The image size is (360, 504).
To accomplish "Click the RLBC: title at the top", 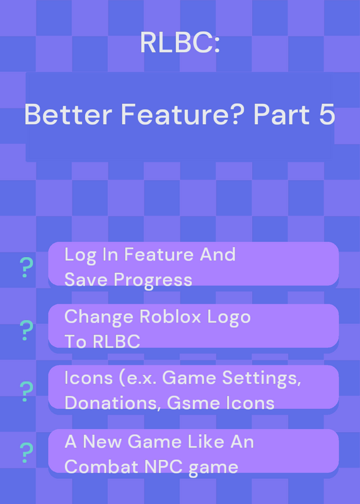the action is [x=180, y=43].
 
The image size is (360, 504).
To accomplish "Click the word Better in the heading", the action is [x=68, y=115].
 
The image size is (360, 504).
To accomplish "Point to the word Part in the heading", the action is [x=282, y=115].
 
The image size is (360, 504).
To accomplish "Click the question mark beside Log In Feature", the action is [x=26, y=268].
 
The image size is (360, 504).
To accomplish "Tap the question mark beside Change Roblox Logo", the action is [x=26, y=330].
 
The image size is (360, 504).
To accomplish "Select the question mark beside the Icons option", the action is [x=26, y=391].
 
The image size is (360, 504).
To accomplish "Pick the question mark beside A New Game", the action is [x=26, y=452].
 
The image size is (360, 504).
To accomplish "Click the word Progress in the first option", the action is [x=153, y=280].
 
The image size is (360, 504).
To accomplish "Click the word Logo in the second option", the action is [x=229, y=318].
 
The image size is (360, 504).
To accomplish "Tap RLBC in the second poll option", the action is [x=116, y=341].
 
